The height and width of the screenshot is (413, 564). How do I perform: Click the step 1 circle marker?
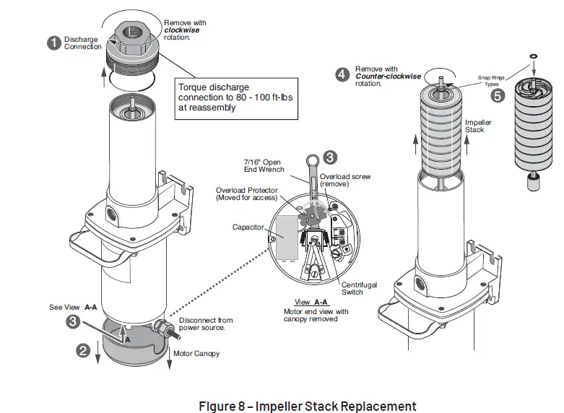[53, 43]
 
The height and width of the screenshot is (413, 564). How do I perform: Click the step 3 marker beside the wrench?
[329, 155]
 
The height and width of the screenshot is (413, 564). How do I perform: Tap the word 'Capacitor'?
[248, 227]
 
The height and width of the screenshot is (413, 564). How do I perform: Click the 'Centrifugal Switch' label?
[359, 289]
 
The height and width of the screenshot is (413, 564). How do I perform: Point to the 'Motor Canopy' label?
[196, 353]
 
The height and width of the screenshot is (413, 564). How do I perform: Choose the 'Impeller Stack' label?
[478, 126]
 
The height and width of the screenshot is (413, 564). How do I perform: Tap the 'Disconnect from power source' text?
[205, 324]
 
